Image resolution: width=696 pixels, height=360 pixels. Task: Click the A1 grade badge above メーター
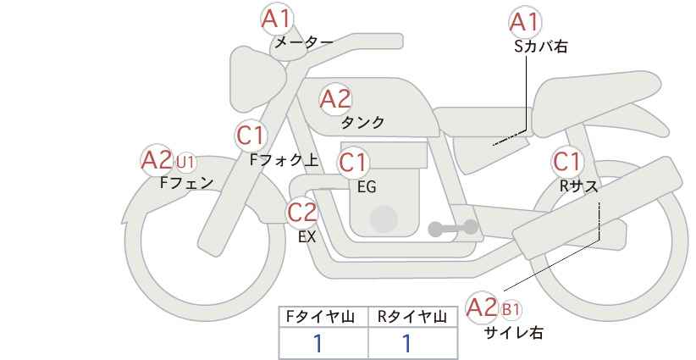[276, 18]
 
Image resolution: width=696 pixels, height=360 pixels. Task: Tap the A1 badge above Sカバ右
[524, 22]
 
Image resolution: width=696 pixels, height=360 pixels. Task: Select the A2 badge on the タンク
[335, 100]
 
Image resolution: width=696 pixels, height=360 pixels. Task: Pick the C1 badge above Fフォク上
[251, 136]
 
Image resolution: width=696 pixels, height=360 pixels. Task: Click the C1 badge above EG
[353, 162]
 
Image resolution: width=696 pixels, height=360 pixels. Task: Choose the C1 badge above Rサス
[566, 161]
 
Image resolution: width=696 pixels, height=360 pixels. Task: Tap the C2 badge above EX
[302, 211]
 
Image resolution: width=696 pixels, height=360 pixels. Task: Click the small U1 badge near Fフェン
[185, 159]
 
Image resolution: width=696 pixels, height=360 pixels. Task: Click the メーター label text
[303, 42]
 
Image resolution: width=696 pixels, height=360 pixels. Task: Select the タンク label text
[362, 123]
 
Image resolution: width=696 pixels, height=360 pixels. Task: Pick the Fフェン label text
[186, 182]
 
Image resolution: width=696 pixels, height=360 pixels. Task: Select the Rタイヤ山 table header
[412, 318]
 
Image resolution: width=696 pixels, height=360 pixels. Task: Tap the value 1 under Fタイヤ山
[319, 343]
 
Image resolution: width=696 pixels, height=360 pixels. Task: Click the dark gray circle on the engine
[384, 219]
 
